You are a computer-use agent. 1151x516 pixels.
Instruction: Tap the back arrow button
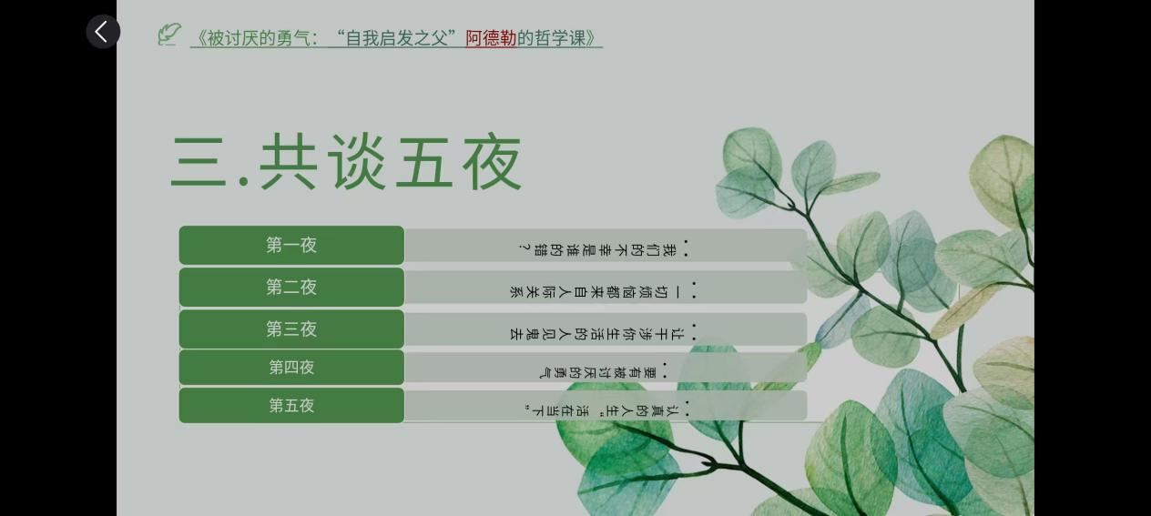(103, 32)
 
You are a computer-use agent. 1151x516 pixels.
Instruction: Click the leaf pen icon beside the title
(169, 35)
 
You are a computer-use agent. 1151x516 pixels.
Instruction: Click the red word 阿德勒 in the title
(491, 38)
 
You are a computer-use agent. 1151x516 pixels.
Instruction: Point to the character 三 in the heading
(199, 163)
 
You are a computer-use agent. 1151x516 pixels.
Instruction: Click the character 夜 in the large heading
(493, 163)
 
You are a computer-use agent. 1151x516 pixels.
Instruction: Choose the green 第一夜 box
(291, 245)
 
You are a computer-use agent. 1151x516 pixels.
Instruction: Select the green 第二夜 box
(291, 287)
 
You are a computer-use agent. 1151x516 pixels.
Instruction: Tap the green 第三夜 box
(291, 329)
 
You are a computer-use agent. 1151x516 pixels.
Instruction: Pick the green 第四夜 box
(291, 368)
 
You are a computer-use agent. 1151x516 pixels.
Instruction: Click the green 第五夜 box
(291, 406)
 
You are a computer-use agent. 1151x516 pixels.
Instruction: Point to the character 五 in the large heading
(424, 163)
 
